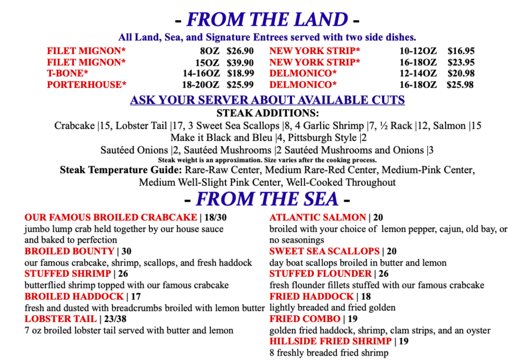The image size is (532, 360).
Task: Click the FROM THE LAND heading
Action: (267, 20)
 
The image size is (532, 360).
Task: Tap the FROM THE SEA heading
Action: (267, 199)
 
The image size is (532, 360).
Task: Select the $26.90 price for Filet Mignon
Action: (241, 51)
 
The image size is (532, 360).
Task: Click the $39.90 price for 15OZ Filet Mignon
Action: (241, 62)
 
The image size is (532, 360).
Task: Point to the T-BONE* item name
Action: (68, 73)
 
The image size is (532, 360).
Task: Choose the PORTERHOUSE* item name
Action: (87, 85)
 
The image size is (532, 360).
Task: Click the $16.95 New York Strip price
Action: (461, 51)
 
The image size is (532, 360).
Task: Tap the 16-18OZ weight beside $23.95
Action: (418, 62)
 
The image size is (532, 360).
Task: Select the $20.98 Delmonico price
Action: (461, 73)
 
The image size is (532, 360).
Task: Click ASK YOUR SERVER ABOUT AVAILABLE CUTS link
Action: (267, 101)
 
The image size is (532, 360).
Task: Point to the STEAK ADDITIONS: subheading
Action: (267, 113)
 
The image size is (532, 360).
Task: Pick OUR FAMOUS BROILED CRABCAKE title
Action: (111, 217)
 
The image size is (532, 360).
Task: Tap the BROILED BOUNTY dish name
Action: (69, 252)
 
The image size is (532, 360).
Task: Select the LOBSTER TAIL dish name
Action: (61, 319)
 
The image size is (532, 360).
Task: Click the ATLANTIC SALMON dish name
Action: (317, 217)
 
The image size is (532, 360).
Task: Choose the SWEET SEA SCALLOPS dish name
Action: (324, 252)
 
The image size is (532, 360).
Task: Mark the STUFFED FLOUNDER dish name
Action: (321, 274)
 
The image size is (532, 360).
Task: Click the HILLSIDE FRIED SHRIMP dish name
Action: (330, 342)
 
